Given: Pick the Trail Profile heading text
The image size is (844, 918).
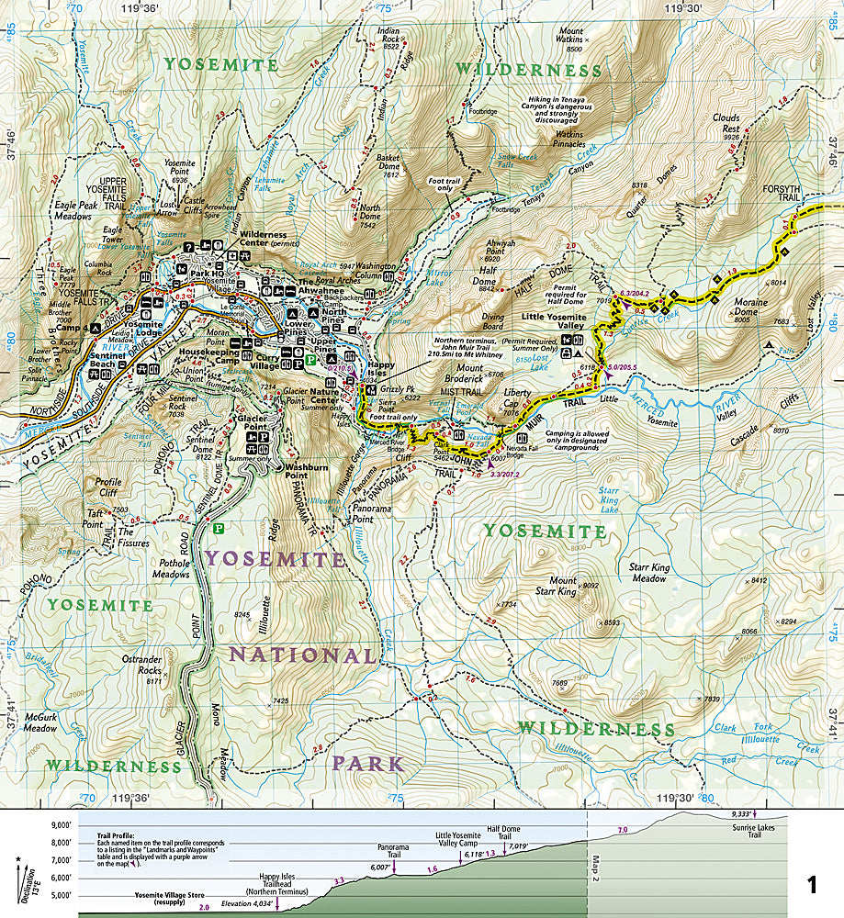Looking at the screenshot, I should [x=118, y=835].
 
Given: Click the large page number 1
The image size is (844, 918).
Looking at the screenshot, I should [x=811, y=885].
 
